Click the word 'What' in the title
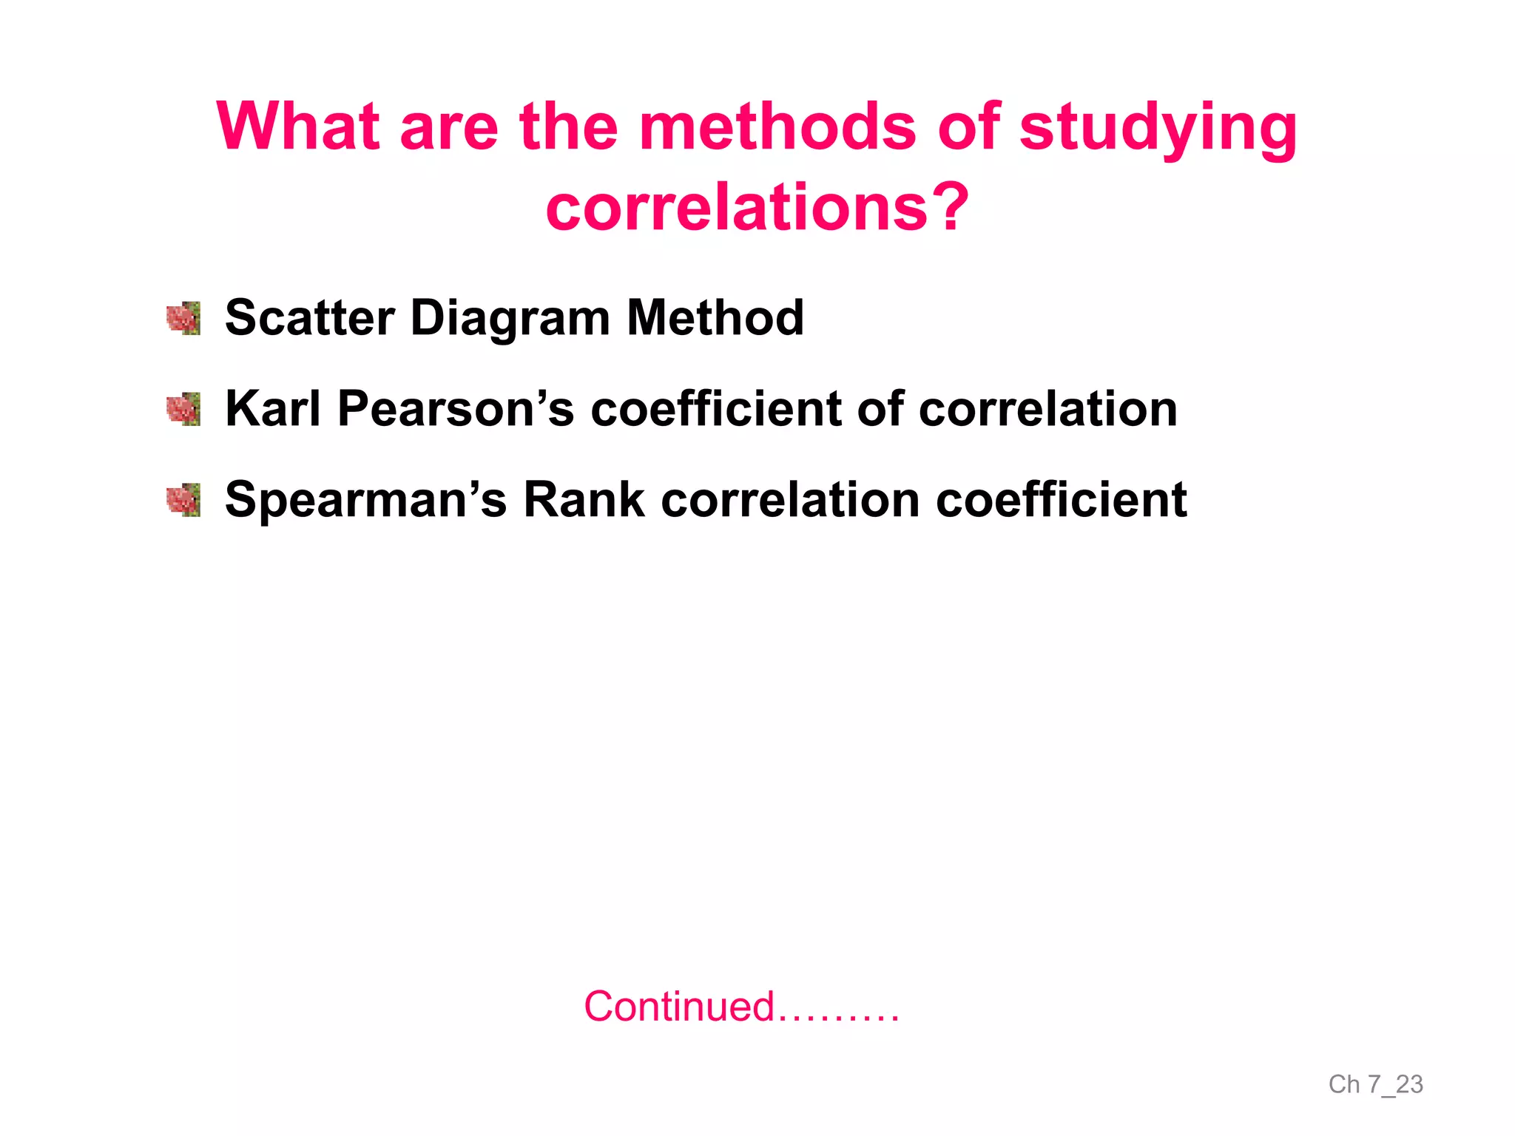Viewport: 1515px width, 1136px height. (x=297, y=126)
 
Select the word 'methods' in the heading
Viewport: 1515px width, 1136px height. (x=777, y=126)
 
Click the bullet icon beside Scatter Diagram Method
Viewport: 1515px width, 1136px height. (x=183, y=319)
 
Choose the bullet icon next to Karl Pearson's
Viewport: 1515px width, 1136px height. (x=183, y=410)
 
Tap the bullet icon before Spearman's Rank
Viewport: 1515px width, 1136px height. (x=183, y=501)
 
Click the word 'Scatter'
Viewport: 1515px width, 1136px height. (x=309, y=318)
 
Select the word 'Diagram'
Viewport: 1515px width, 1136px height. (x=510, y=318)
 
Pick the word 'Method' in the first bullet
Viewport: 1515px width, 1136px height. (x=715, y=318)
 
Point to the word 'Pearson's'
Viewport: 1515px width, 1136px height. (x=455, y=409)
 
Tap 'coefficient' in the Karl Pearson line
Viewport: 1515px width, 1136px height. (x=716, y=409)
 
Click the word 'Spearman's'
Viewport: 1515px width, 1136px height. (x=365, y=500)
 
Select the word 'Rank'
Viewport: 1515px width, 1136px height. (x=584, y=500)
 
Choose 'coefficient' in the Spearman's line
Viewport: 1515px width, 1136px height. (x=1061, y=500)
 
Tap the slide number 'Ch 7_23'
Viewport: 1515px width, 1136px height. (x=1375, y=1084)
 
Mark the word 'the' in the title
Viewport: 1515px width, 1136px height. (x=568, y=126)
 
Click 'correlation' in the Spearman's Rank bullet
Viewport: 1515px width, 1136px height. (x=789, y=500)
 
